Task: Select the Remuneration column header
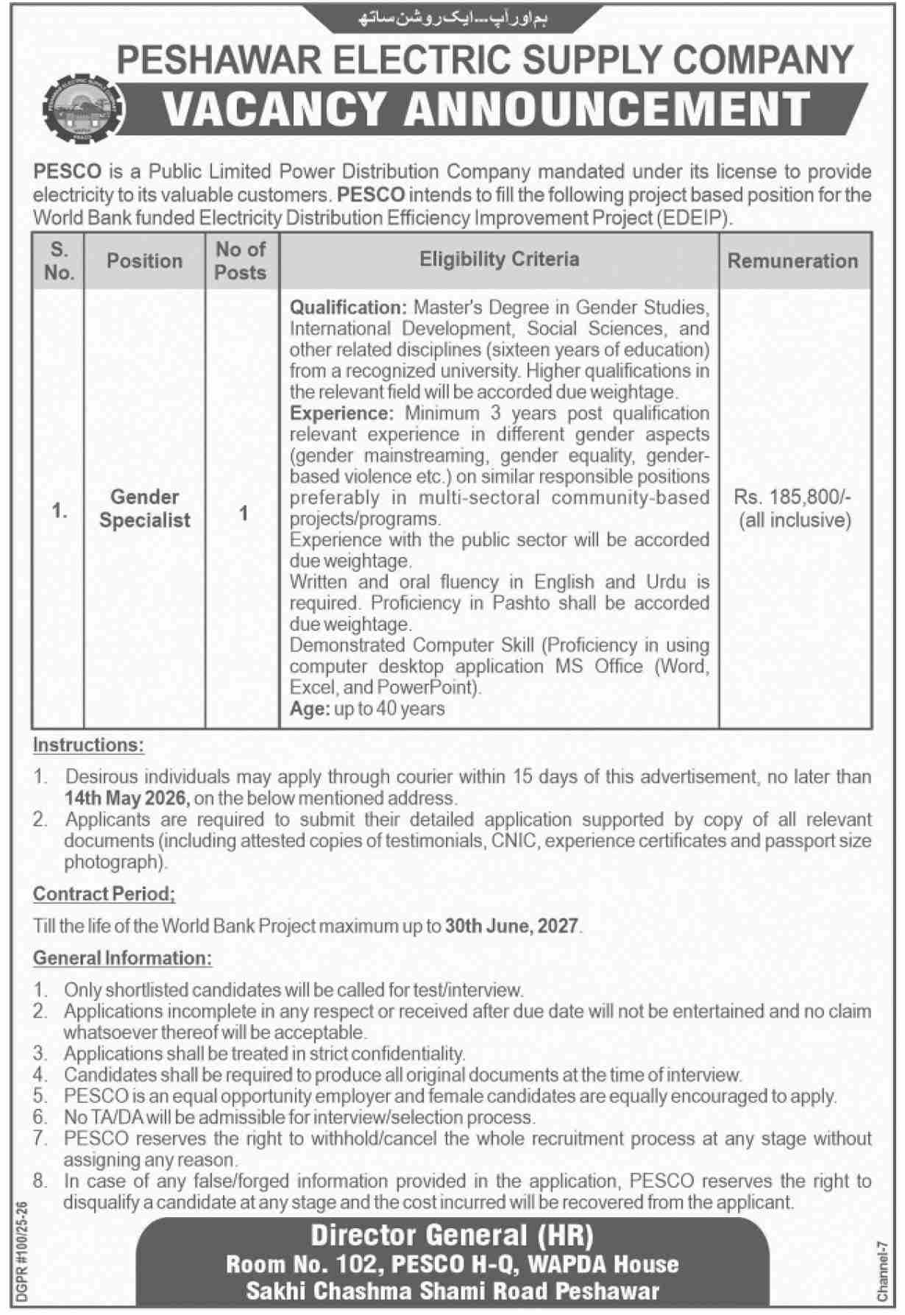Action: pyautogui.click(x=792, y=260)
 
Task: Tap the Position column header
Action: pyautogui.click(x=144, y=260)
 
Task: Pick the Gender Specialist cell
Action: pyautogui.click(x=145, y=508)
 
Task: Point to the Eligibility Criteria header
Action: pyautogui.click(x=499, y=259)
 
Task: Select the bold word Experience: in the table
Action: pyautogui.click(x=342, y=413)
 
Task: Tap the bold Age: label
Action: pyautogui.click(x=309, y=709)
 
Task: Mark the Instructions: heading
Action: pyautogui.click(x=88, y=745)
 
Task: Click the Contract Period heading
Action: pyautogui.click(x=104, y=894)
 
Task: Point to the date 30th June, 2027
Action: pyautogui.click(x=511, y=926)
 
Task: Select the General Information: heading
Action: pyautogui.click(x=122, y=958)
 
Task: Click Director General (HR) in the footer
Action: pyautogui.click(x=452, y=1236)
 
